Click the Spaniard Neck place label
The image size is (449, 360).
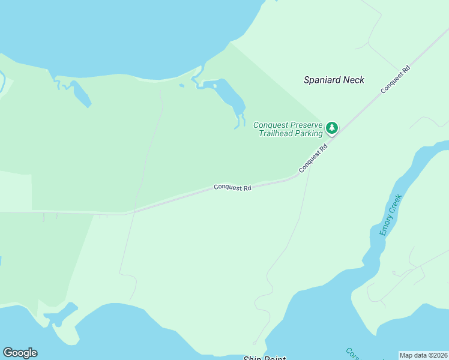pyautogui.click(x=334, y=80)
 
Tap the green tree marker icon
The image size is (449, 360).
pyautogui.click(x=331, y=127)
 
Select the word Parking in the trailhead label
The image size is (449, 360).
pyautogui.click(x=308, y=133)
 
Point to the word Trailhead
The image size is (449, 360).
pyautogui.click(x=276, y=133)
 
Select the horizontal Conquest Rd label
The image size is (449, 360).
pyautogui.click(x=232, y=188)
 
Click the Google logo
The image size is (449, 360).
pyautogui.click(x=20, y=353)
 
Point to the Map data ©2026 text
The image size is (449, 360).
pyautogui.click(x=423, y=355)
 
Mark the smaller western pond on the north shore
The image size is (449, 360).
pyautogui.click(x=80, y=93)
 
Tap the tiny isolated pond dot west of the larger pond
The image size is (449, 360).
pyautogui.click(x=181, y=85)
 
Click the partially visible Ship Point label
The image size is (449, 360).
pyautogui.click(x=264, y=358)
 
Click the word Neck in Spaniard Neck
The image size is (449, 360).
pyautogui.click(x=354, y=80)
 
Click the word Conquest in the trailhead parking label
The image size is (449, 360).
pyautogui.click(x=271, y=125)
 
